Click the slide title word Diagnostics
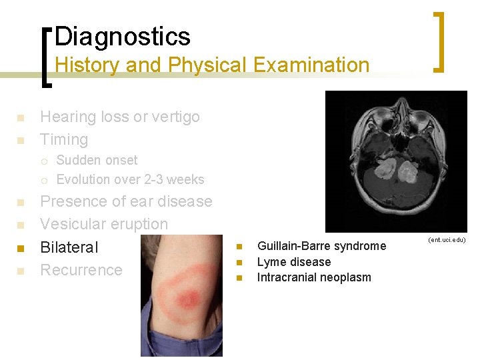123,36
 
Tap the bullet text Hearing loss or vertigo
120,117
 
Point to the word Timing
64,139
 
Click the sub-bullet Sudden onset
97,160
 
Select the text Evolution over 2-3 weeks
130,179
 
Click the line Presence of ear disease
126,201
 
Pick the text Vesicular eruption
104,224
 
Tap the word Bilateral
69,247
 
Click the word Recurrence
81,270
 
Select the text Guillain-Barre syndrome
321,246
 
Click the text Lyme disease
293,262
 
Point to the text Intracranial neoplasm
314,277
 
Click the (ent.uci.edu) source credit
447,239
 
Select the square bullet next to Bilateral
20,248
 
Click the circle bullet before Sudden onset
43,161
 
